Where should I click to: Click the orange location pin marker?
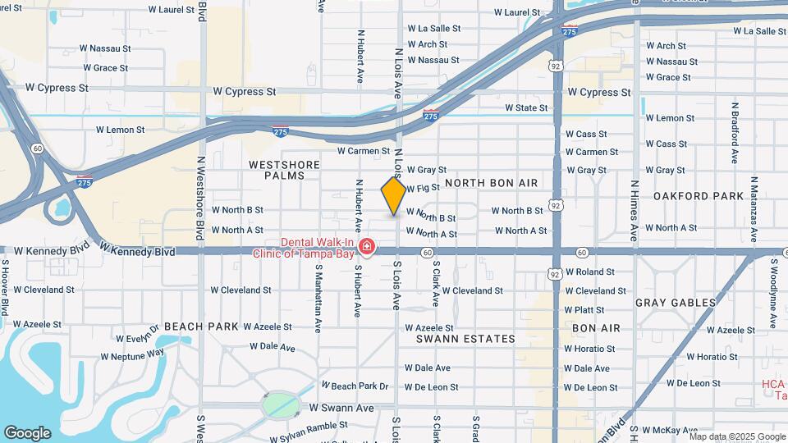coord(394,196)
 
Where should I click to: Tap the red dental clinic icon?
coord(366,247)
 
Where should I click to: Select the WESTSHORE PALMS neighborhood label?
coord(283,170)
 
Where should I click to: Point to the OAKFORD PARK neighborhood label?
coord(686,196)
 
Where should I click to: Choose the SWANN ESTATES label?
coord(465,339)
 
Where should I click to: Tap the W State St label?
coord(526,108)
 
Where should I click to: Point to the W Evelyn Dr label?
coord(134,338)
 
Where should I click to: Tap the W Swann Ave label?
coord(341,408)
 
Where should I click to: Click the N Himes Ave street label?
coord(635,212)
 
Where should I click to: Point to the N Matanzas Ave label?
coord(754,208)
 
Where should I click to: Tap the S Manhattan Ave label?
coord(317,296)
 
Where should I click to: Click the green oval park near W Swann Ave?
coord(281,404)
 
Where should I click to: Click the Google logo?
coord(27,433)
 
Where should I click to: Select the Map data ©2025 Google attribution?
coord(739,436)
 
